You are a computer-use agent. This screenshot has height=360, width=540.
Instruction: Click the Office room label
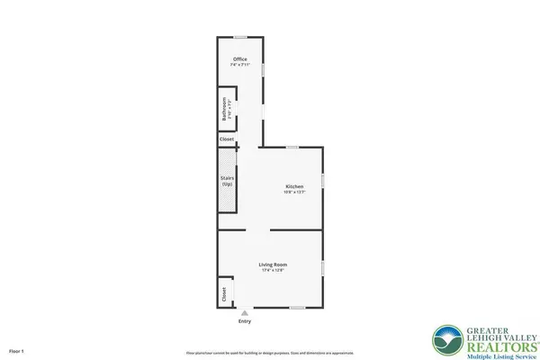(239, 60)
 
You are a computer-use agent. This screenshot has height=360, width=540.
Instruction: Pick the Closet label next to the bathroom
(228, 139)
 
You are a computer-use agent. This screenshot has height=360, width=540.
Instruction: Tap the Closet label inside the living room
(223, 294)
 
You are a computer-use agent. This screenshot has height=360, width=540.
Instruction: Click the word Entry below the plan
(245, 320)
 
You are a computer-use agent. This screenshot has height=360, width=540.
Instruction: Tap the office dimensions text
(239, 66)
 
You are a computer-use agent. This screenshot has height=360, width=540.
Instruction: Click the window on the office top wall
(240, 37)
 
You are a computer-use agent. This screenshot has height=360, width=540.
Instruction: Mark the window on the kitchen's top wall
(292, 147)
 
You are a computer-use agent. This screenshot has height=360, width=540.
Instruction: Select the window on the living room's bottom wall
(297, 308)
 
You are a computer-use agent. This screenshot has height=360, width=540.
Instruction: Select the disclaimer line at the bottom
(270, 352)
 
